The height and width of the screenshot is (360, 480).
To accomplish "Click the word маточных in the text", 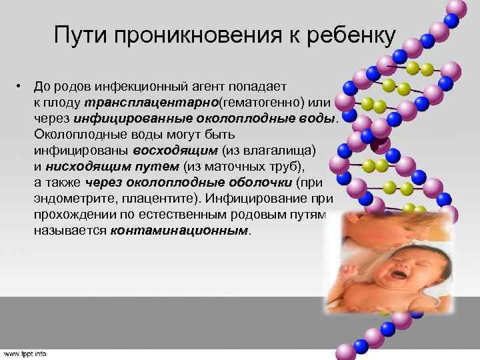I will pyautogui.click(x=243, y=165).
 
